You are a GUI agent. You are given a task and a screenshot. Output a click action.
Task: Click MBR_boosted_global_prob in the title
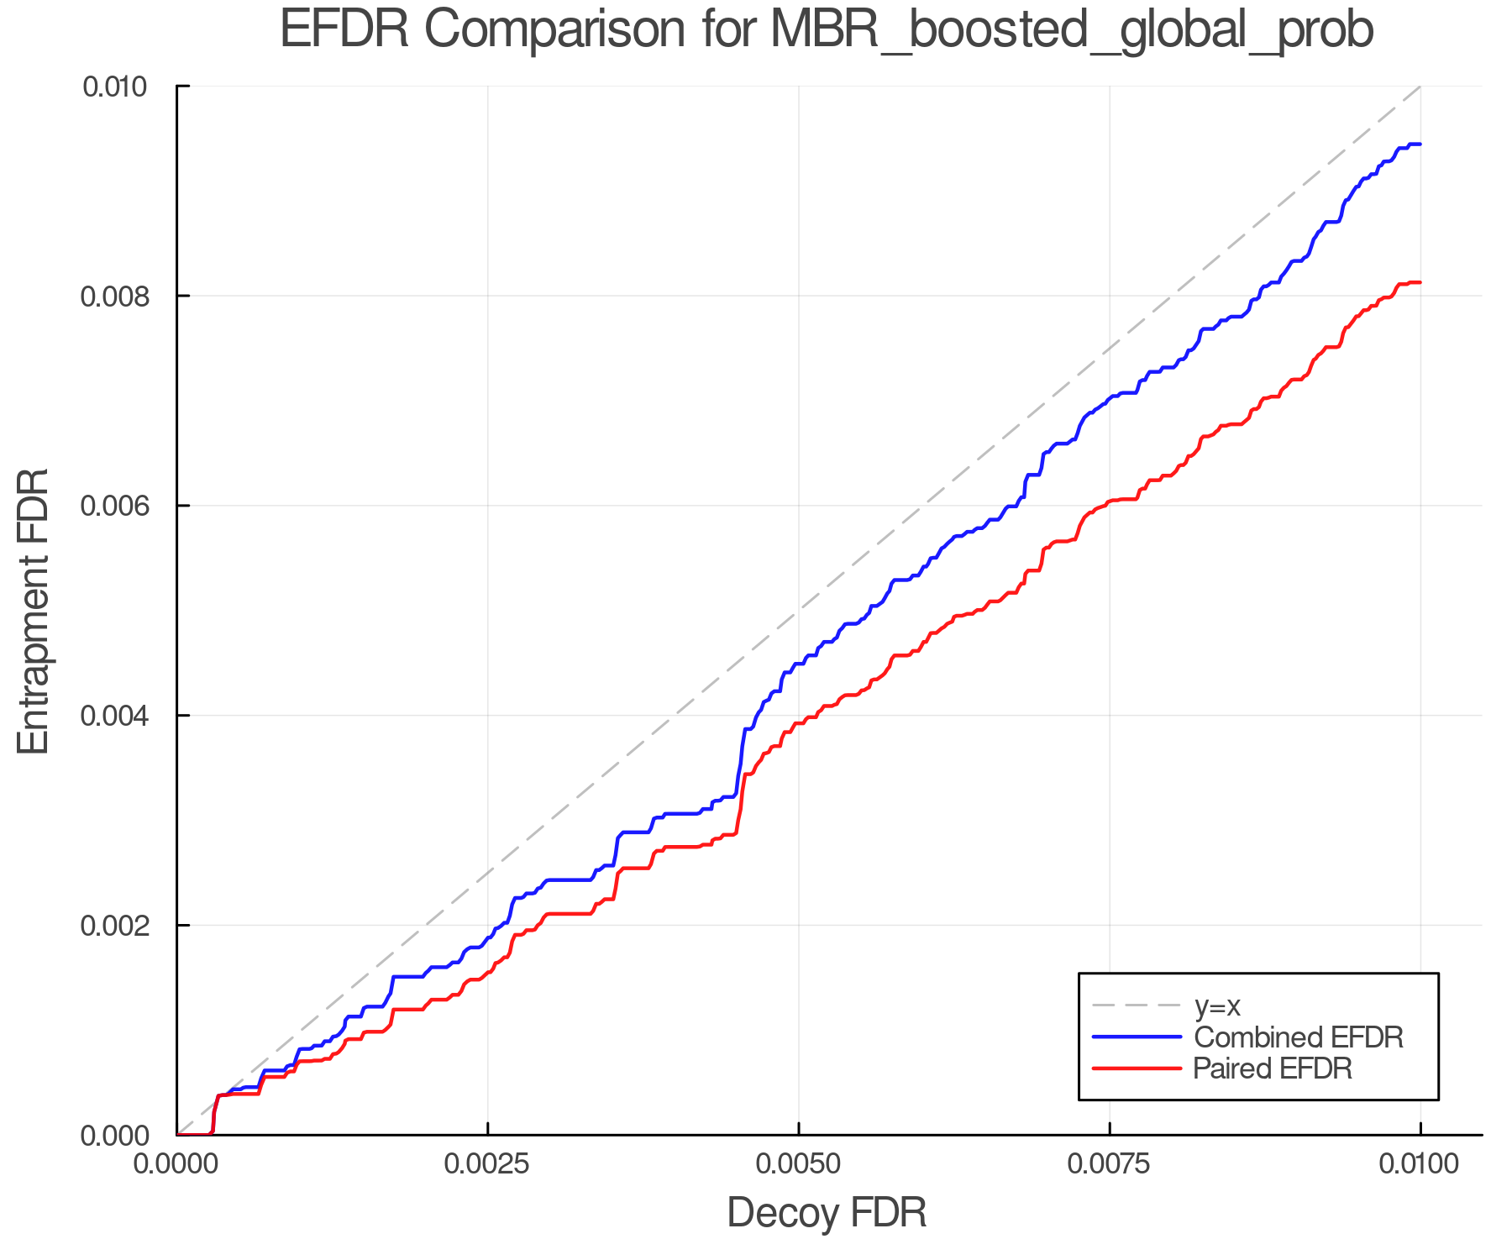click(1071, 31)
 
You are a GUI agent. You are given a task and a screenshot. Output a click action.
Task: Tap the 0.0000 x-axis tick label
click(176, 1164)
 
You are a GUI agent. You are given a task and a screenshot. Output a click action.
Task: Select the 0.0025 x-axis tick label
click(487, 1164)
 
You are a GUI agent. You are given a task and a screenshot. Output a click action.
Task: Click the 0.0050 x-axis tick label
click(798, 1164)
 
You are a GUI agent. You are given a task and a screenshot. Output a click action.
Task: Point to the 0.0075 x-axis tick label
click(1109, 1164)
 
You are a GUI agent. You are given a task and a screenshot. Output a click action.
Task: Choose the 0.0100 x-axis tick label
click(1420, 1164)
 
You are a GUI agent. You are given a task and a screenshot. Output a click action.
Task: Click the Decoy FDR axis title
click(827, 1213)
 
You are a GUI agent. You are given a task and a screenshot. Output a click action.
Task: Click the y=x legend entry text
click(1217, 1005)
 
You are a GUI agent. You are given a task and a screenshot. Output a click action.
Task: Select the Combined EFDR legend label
click(1298, 1037)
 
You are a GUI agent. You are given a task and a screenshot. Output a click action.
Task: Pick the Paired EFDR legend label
click(1273, 1068)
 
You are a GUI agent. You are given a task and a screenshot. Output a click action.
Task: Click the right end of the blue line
click(1420, 144)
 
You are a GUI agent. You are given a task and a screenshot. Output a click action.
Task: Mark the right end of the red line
click(1420, 282)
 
